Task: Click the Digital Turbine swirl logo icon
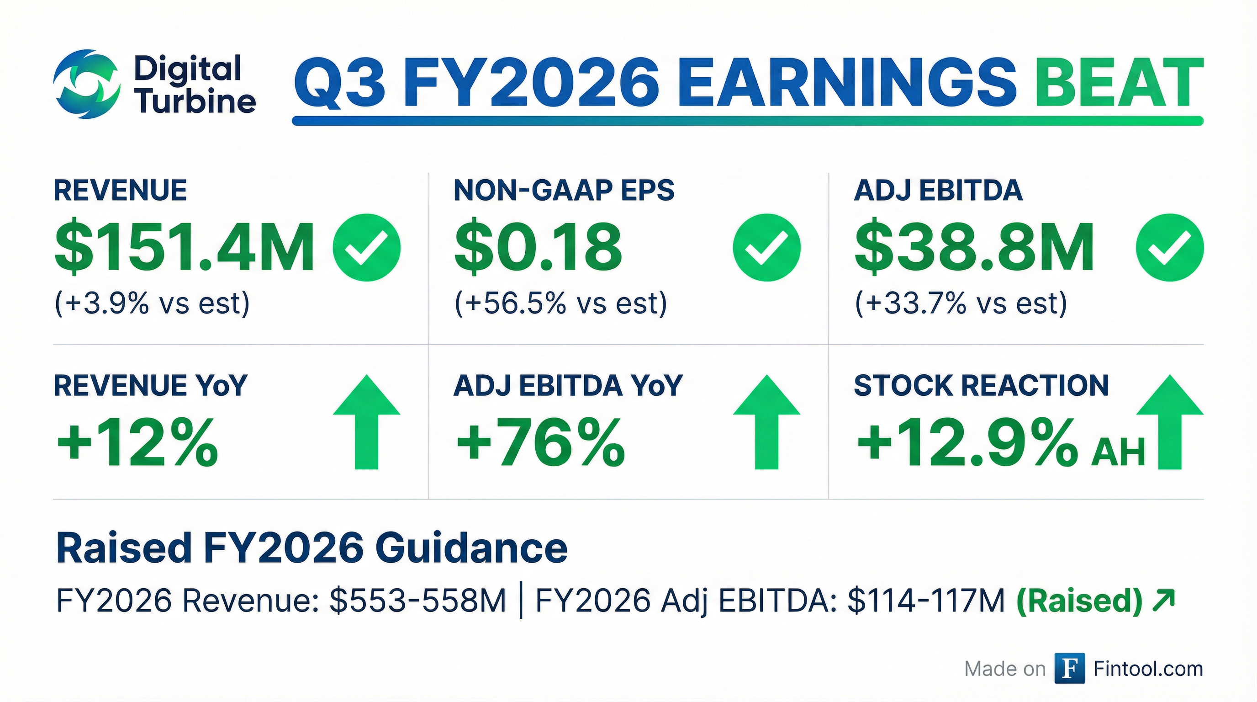click(x=87, y=84)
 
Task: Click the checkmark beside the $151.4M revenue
click(x=366, y=248)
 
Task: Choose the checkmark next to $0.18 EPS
click(x=766, y=248)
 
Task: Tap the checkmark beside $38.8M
click(x=1170, y=248)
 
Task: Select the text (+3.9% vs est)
click(x=152, y=303)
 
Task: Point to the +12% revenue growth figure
click(x=137, y=442)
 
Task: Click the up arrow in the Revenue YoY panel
click(x=366, y=422)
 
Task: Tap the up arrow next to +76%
click(x=766, y=422)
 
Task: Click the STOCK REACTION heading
click(x=981, y=386)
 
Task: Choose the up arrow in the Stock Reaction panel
click(x=1170, y=422)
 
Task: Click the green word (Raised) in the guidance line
click(x=1079, y=601)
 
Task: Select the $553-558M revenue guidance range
click(x=417, y=601)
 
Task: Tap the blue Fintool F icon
click(x=1070, y=668)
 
